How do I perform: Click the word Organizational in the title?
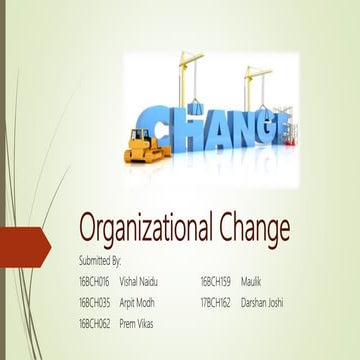coord(142,230)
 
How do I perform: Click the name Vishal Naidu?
coord(139,279)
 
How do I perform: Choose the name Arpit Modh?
coord(137,301)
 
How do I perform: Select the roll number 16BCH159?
coord(216,279)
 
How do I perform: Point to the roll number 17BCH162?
coord(216,301)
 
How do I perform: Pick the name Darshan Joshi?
coord(263,301)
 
